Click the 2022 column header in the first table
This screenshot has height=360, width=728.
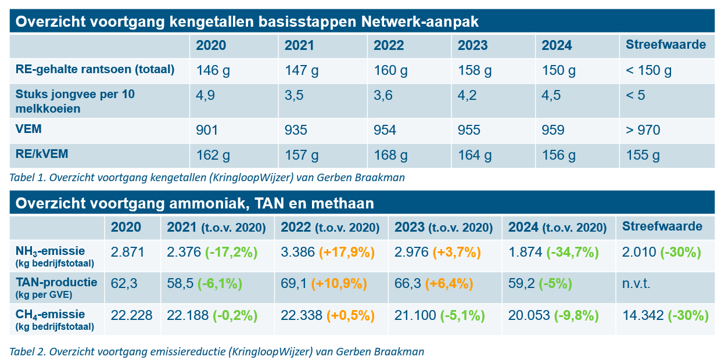pos(388,45)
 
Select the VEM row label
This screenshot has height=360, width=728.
pos(28,129)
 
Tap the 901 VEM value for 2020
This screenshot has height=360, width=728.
pos(207,130)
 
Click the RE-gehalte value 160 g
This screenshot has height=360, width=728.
pos(390,70)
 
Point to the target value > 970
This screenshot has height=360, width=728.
pos(643,130)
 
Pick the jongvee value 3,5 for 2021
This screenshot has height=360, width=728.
pos(294,95)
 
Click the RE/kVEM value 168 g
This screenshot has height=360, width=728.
pos(390,155)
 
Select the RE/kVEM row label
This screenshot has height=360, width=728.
pos(42,154)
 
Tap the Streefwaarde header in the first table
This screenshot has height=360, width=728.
pos(666,45)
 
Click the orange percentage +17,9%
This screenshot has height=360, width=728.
pos(347,253)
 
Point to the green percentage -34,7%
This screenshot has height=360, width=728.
pos(572,253)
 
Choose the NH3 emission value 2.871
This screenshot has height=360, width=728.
pos(127,252)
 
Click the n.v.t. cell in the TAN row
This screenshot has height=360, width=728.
pos(636,284)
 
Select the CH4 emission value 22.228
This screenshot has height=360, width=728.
pos(131,315)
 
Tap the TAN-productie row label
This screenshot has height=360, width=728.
pos(56,282)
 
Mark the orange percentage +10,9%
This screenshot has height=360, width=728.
pos(339,284)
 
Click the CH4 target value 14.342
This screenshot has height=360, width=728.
pos(643,315)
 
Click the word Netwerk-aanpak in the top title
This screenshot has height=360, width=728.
pos(419,21)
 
